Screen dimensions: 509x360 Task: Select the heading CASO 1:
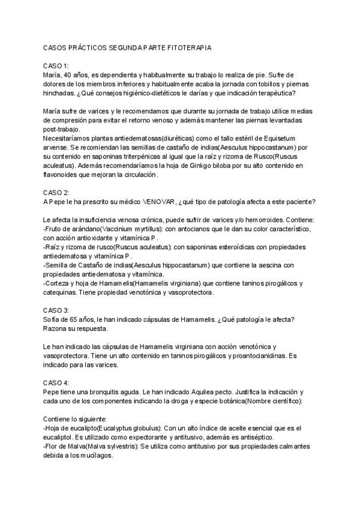(x=57, y=65)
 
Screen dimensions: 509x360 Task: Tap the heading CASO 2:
(x=57, y=192)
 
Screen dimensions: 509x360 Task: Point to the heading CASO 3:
(x=57, y=310)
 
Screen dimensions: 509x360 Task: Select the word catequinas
(x=62, y=292)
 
